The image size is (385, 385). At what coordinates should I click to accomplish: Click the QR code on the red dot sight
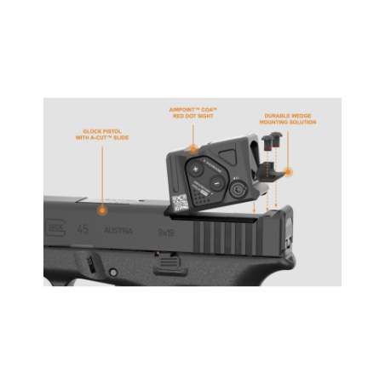[x=181, y=203]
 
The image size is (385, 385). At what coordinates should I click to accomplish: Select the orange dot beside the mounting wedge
[x=288, y=171]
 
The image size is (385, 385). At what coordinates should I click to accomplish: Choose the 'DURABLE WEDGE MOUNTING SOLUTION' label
[x=288, y=118]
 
